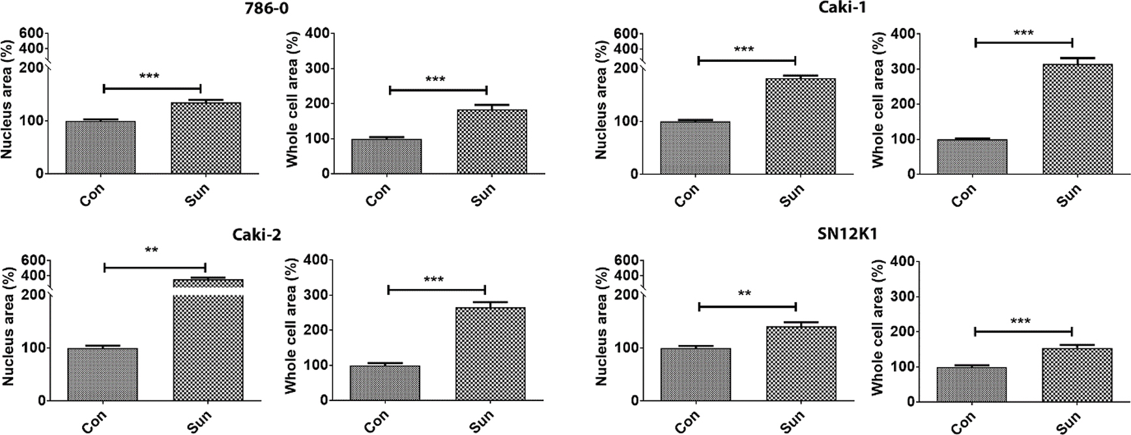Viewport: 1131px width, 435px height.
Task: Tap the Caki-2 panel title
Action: [x=257, y=235]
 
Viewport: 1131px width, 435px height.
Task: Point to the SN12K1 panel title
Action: [x=847, y=235]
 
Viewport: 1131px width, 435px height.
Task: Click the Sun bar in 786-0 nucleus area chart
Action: [x=206, y=138]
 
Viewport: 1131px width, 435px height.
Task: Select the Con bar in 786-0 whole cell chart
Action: [x=386, y=157]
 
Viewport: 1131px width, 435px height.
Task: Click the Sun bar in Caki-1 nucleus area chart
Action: [x=801, y=127]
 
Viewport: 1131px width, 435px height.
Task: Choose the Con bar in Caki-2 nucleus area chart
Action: [x=102, y=374]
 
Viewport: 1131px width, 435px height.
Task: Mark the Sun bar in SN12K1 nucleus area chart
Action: [x=801, y=364]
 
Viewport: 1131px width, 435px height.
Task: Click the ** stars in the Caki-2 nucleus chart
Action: [x=152, y=250]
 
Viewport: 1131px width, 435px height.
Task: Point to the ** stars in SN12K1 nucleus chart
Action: [x=745, y=294]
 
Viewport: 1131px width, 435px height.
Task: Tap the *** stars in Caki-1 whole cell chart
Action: [x=1023, y=33]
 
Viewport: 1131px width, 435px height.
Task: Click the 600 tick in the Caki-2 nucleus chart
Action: [x=32, y=260]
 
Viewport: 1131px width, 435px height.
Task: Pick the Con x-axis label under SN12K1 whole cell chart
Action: [x=964, y=420]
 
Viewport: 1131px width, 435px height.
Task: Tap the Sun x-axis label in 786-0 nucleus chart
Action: [x=196, y=194]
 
